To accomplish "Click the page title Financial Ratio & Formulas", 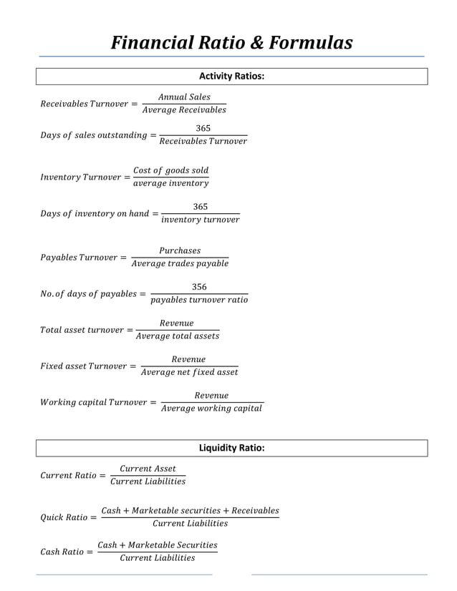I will tap(231, 44).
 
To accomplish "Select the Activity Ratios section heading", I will tap(231, 76).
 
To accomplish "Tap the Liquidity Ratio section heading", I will tap(231, 448).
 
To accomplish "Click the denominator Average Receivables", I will tap(184, 110).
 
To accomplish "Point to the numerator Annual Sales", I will tap(184, 97).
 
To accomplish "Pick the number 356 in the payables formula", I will tap(199, 287).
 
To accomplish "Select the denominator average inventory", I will tap(171, 183).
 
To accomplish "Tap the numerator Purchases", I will tap(180, 251).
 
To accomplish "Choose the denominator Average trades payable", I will tap(180, 264).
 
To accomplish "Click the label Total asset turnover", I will tap(82, 330).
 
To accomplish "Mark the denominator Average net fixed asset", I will tap(189, 372).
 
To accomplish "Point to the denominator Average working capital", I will tap(212, 409).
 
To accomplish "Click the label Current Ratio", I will tap(68, 476).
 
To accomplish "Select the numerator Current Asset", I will tap(148, 469).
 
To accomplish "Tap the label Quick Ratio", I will tap(63, 517).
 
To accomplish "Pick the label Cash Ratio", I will tap(62, 552).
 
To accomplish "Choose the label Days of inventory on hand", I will tap(95, 214).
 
